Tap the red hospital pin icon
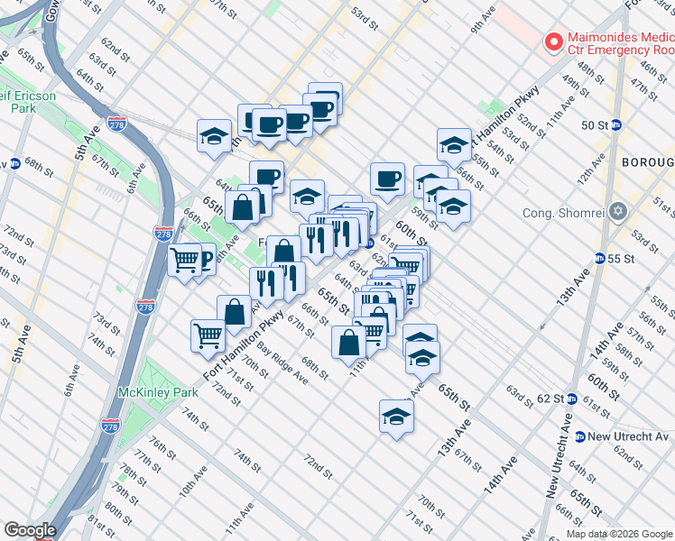(550, 42)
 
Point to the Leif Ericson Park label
(27, 101)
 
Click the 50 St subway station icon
(616, 124)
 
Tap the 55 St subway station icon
(599, 259)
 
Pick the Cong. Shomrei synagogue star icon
(618, 213)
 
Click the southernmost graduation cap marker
(395, 416)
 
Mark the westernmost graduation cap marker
(213, 136)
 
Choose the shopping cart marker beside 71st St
(208, 335)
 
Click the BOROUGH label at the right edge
(647, 162)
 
